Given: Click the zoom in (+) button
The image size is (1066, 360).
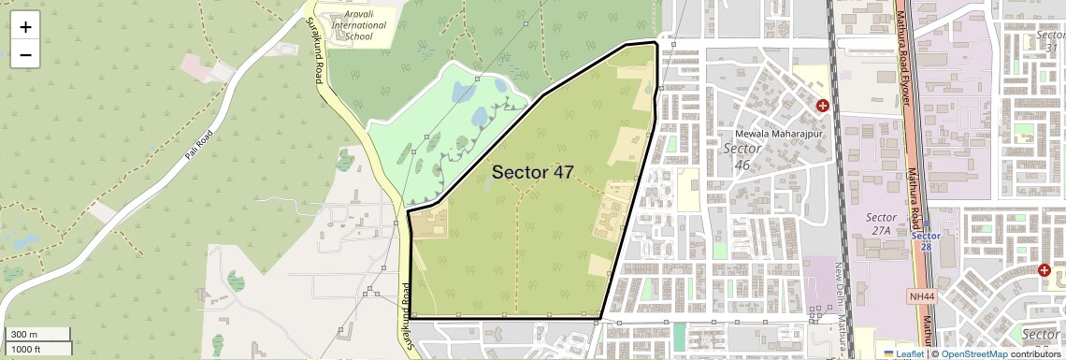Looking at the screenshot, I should pos(25,27).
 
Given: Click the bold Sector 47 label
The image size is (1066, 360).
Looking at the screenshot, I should pos(532,172).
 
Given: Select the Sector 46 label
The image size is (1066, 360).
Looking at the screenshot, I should pos(742,157).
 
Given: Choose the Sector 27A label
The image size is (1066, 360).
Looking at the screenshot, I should pos(881,224).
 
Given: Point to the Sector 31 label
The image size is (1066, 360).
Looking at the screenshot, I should pos(1050,41).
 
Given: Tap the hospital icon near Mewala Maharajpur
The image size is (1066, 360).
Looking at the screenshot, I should pos(822,106).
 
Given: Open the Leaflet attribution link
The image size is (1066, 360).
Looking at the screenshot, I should pos(903,353).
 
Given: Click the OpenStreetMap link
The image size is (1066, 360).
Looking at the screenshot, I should pos(972,353).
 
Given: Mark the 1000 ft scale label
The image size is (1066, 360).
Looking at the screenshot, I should pos(29,349).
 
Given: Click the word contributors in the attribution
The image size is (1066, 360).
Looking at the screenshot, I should pos(1034,353).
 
